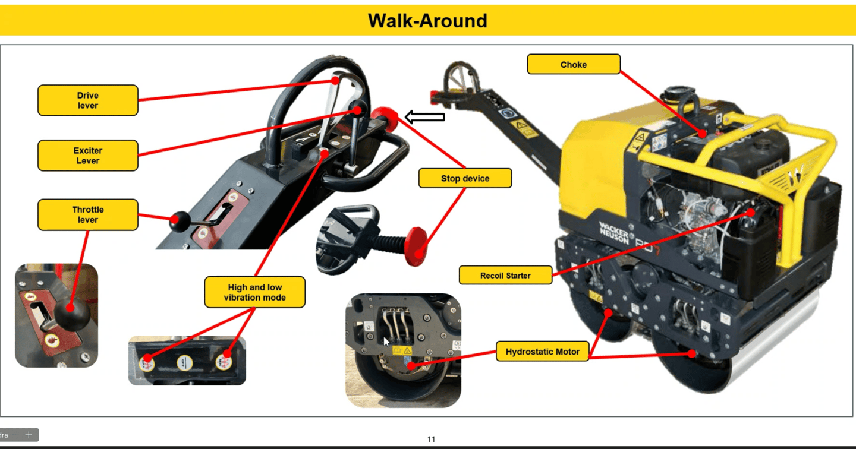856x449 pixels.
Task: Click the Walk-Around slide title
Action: (x=427, y=21)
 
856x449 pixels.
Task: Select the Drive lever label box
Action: (x=88, y=100)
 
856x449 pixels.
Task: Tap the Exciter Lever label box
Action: (x=88, y=156)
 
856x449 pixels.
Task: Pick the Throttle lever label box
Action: (x=88, y=214)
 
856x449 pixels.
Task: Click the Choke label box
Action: (x=574, y=65)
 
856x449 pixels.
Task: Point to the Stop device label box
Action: (x=465, y=178)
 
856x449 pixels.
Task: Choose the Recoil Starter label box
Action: (x=505, y=276)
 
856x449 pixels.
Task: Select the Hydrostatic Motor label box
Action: (x=542, y=352)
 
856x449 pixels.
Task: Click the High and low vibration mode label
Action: (x=254, y=292)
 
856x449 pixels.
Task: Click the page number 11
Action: (x=431, y=439)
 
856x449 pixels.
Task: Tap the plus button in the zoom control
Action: (x=29, y=435)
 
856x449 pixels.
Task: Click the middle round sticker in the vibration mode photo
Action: (x=184, y=363)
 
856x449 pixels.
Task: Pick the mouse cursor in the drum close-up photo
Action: (x=386, y=342)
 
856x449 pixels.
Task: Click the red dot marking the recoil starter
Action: (x=751, y=213)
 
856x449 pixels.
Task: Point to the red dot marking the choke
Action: (x=703, y=134)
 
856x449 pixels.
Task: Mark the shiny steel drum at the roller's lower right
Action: (x=773, y=344)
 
